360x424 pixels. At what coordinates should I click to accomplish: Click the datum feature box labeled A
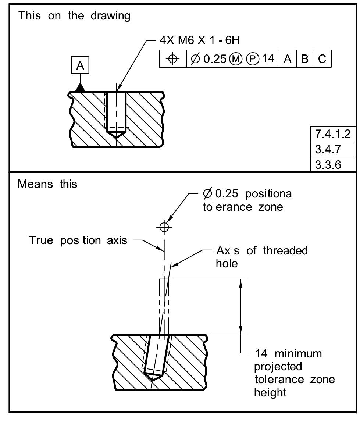click(80, 65)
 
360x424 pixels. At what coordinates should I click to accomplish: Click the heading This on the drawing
click(74, 16)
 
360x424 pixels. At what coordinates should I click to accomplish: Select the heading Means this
click(47, 184)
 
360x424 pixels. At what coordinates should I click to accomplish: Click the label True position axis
click(78, 241)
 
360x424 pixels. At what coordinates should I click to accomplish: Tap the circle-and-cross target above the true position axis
click(164, 227)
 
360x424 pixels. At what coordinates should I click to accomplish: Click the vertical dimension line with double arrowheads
click(241, 307)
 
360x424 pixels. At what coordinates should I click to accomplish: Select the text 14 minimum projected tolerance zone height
click(294, 373)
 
